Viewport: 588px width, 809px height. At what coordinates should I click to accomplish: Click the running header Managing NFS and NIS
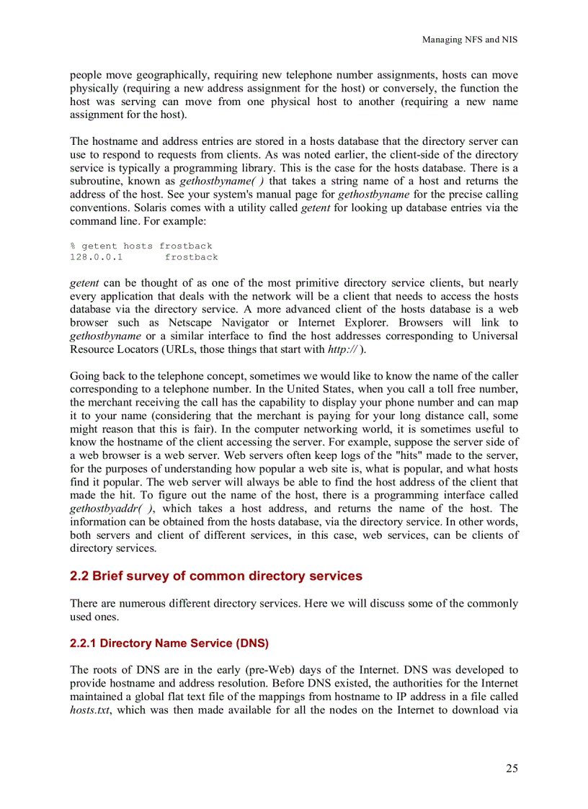tap(469, 40)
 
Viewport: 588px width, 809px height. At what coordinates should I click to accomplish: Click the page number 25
tap(511, 769)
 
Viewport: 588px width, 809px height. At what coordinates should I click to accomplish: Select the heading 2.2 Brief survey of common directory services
tap(216, 576)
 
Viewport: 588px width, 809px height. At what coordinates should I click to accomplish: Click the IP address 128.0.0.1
tap(97, 257)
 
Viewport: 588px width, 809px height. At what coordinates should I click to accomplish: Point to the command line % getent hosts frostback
tap(141, 246)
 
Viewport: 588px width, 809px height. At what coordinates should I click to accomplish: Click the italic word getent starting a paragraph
tap(84, 283)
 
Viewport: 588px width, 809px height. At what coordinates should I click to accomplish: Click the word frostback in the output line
tap(191, 257)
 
